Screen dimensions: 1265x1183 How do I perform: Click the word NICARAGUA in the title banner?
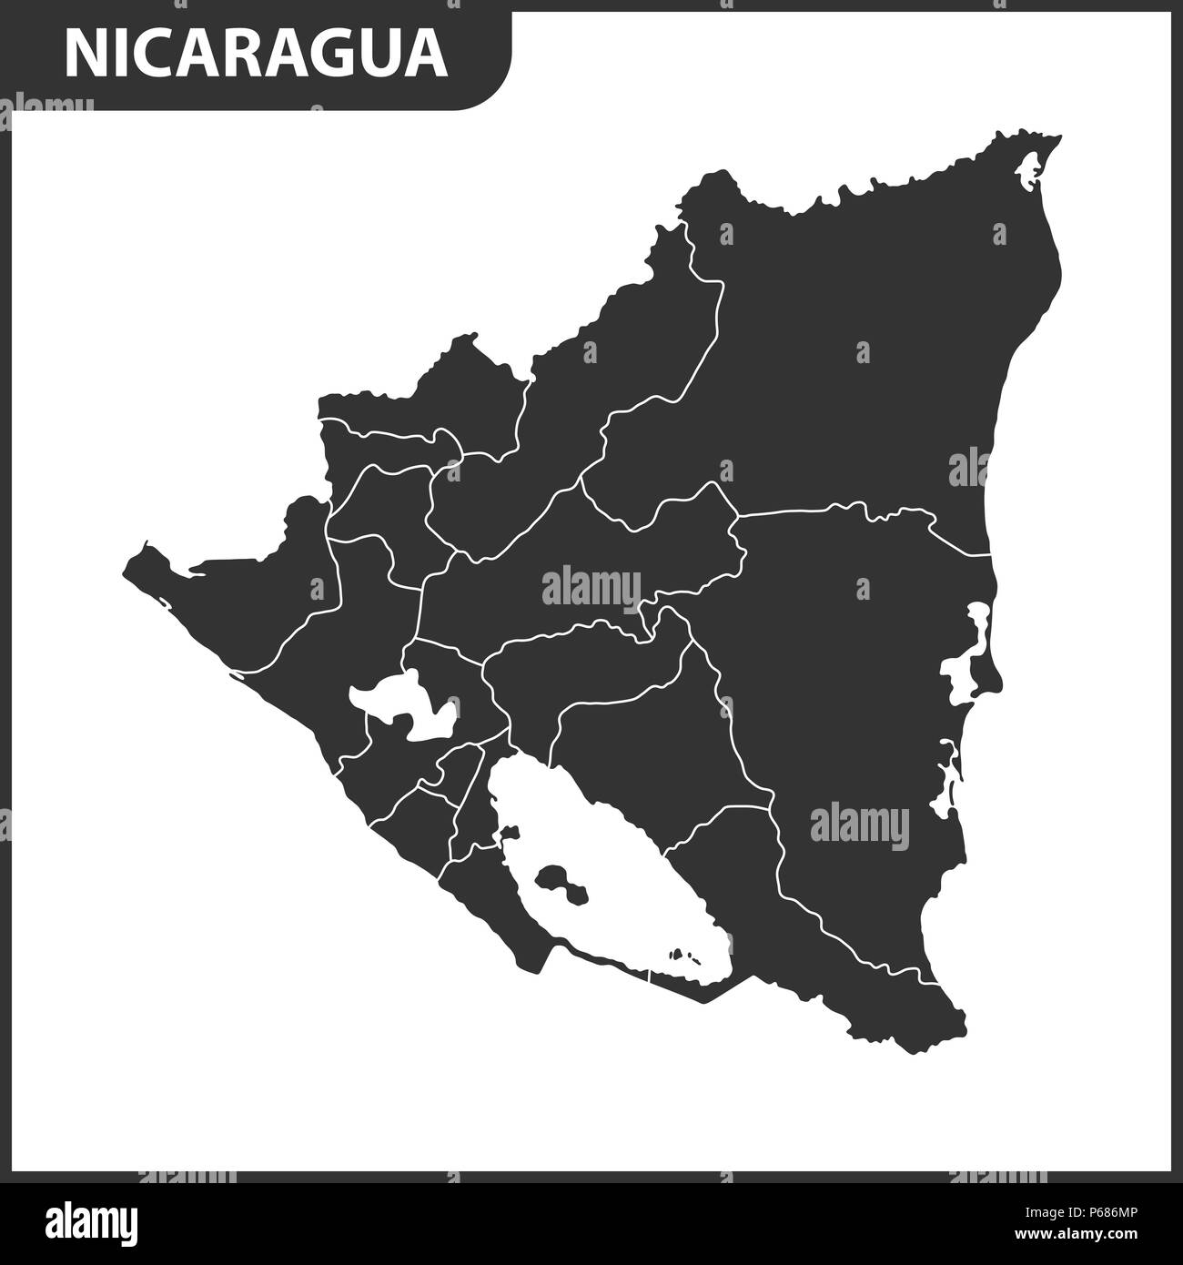click(256, 54)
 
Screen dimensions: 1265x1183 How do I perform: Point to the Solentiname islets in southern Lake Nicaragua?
click(684, 956)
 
